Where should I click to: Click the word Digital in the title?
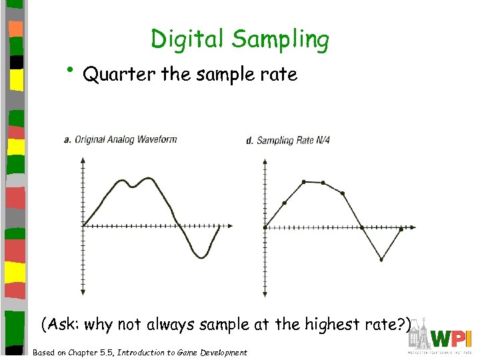click(x=188, y=39)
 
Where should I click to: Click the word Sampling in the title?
click(x=281, y=41)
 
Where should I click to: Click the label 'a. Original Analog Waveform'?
click(x=120, y=139)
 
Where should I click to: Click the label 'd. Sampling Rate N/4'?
click(x=288, y=140)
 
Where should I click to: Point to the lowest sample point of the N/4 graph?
click(x=381, y=259)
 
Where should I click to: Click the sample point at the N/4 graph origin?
click(x=265, y=227)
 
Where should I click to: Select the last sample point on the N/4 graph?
click(x=401, y=228)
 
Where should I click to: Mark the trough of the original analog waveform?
click(x=201, y=257)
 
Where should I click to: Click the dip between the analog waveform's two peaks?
click(x=133, y=187)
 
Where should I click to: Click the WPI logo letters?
click(x=451, y=338)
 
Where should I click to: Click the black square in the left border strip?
click(x=18, y=61)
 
